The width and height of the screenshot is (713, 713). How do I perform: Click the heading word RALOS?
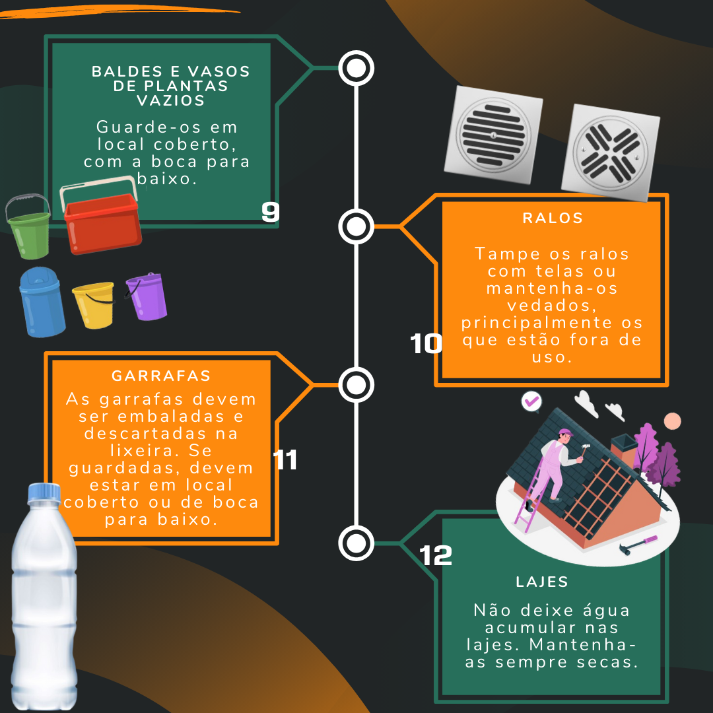coord(553,219)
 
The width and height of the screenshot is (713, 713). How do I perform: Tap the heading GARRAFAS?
coord(162,376)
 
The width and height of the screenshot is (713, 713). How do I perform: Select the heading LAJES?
coord(542,582)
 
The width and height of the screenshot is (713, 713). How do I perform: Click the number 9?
coord(271,211)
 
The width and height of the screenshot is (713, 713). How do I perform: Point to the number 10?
coord(426,343)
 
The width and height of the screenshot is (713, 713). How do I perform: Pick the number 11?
coord(285,459)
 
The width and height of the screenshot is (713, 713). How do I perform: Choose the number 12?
coord(436,555)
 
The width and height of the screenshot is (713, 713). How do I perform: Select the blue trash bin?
coord(42,302)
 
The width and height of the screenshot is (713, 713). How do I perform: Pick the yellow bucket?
coord(94,305)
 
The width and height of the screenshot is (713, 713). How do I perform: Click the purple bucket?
coord(147,296)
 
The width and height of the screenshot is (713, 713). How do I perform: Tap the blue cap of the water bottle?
coord(44,493)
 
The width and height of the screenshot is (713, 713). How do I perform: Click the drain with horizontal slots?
coord(493,135)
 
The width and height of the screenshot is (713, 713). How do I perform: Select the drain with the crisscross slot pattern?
coord(611,153)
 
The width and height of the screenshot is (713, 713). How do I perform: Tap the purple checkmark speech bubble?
coord(531,402)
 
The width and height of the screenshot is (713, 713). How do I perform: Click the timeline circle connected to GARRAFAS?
coord(356,385)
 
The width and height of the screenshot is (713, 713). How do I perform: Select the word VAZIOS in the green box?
coord(171,100)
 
